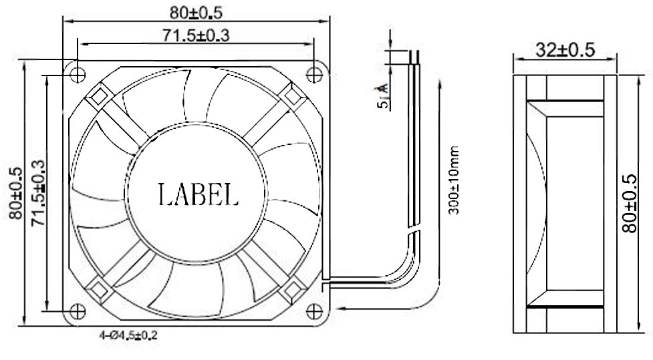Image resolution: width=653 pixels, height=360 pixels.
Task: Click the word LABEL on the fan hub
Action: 198,194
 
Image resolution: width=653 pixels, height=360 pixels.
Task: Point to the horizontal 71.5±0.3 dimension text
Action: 195,36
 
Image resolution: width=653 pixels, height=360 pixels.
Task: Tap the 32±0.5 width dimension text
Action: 565,50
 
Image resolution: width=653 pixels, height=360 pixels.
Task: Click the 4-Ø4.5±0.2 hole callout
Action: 128,336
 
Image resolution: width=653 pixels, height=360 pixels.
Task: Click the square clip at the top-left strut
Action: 98,96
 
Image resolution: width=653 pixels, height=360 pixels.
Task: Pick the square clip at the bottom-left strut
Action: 98,289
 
